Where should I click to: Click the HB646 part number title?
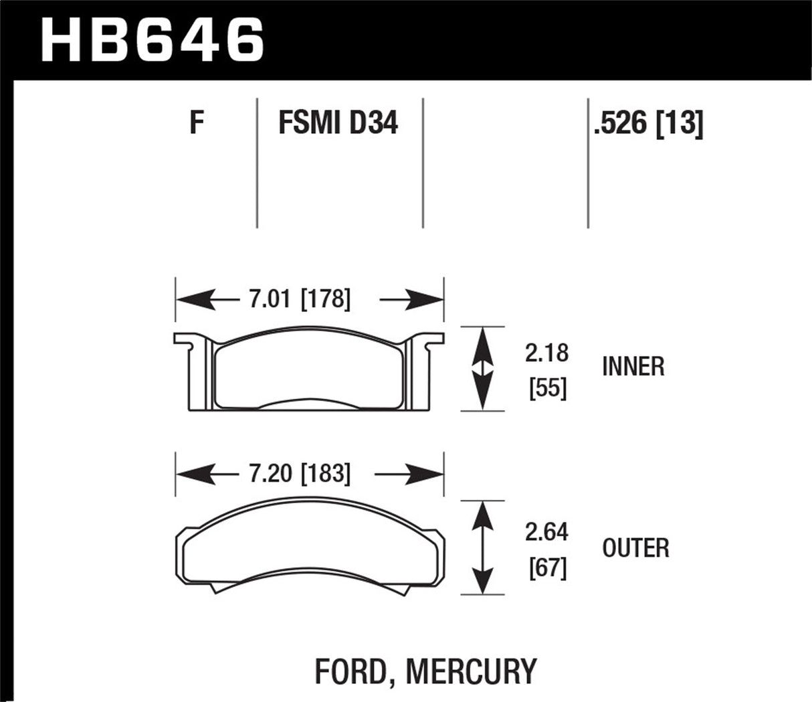click(x=153, y=39)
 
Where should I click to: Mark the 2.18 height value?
click(x=546, y=353)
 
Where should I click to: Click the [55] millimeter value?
click(x=547, y=388)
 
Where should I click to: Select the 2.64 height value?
click(x=546, y=532)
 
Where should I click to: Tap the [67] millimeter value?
click(x=547, y=568)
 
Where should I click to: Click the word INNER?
click(x=633, y=367)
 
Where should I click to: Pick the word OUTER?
click(x=635, y=548)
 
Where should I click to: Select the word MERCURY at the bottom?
click(x=472, y=671)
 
